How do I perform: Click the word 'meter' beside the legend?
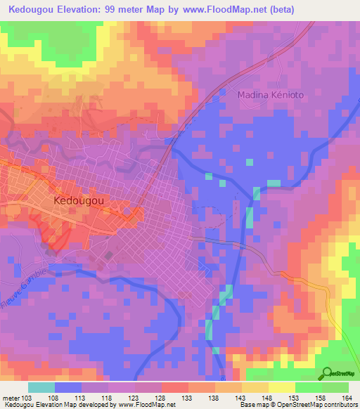click(11, 397)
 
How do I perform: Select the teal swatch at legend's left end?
click(41, 387)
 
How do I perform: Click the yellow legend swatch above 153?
click(282, 387)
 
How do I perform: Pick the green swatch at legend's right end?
click(335, 387)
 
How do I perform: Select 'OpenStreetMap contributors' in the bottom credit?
click(316, 405)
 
